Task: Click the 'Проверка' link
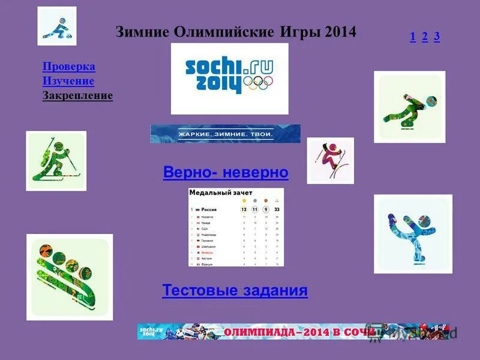(69, 67)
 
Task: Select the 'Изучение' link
(68, 81)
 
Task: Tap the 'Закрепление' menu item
(77, 95)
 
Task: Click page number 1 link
(413, 37)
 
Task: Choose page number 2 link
(425, 37)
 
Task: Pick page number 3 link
(437, 37)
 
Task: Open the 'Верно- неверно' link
(226, 173)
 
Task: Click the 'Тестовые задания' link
(235, 291)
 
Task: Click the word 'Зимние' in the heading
(142, 32)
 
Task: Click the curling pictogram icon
(57, 26)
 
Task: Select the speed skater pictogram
(409, 107)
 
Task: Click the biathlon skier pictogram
(56, 161)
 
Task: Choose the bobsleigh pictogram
(70, 277)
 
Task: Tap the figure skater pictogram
(413, 233)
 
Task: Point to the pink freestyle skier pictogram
(330, 160)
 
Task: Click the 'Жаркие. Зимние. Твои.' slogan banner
(225, 134)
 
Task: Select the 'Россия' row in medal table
(235, 209)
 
